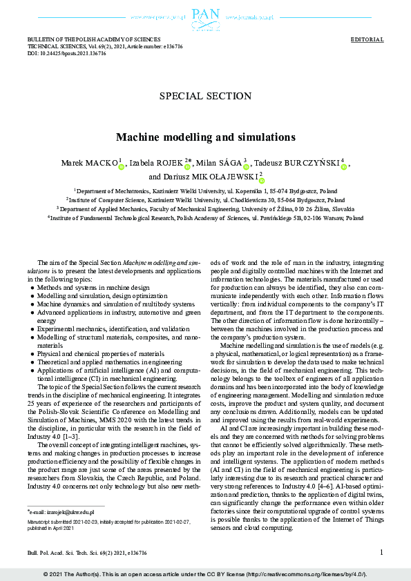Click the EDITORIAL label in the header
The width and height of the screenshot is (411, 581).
tap(367, 40)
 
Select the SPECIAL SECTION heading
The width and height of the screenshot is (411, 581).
tap(205, 97)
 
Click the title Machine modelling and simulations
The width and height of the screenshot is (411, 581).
tap(205, 137)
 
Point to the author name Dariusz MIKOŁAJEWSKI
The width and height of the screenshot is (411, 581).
tap(203, 177)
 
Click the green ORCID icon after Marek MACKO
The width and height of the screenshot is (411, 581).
tap(121, 166)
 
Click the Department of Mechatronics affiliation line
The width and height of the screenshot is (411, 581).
tap(205, 190)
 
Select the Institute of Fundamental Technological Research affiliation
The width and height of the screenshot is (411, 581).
tap(205, 217)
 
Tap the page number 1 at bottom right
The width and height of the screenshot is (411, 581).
tap(381, 552)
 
